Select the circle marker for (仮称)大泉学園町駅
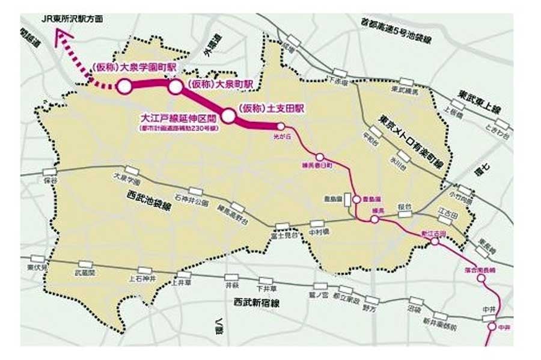pos(124,87)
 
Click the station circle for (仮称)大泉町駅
pos(175,87)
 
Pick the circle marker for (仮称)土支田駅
pos(228,115)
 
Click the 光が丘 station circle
pos(280,126)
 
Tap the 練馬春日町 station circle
pos(320,157)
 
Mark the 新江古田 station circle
pos(434,242)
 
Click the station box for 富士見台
pos(282,226)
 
